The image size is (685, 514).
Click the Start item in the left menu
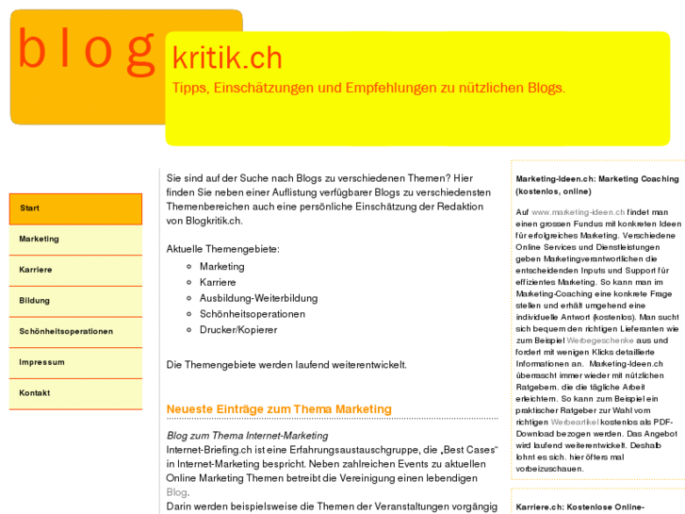click(30, 208)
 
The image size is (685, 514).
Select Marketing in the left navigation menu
click(39, 240)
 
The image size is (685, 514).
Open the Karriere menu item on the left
click(36, 270)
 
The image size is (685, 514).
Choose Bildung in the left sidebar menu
click(35, 301)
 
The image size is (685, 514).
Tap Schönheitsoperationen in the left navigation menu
click(66, 332)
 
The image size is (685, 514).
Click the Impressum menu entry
click(42, 362)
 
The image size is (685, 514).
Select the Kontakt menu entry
click(35, 393)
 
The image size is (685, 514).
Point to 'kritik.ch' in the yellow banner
click(227, 58)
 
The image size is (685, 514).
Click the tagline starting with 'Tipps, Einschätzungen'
click(368, 88)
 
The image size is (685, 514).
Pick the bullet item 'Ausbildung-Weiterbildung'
click(258, 298)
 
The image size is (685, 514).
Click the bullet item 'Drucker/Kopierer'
click(237, 330)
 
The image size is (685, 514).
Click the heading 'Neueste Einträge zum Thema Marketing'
click(278, 409)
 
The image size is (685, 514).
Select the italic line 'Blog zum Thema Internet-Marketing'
click(247, 436)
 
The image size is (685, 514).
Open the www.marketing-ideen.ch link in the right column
click(578, 212)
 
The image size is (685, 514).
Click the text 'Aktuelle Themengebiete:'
click(222, 249)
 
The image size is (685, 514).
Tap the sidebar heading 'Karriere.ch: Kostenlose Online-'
click(579, 507)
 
